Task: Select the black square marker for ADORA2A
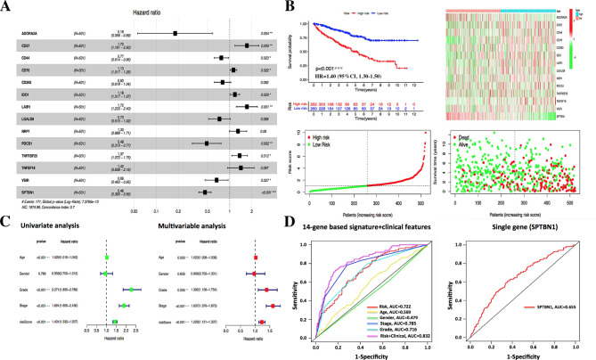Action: point(175,33)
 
